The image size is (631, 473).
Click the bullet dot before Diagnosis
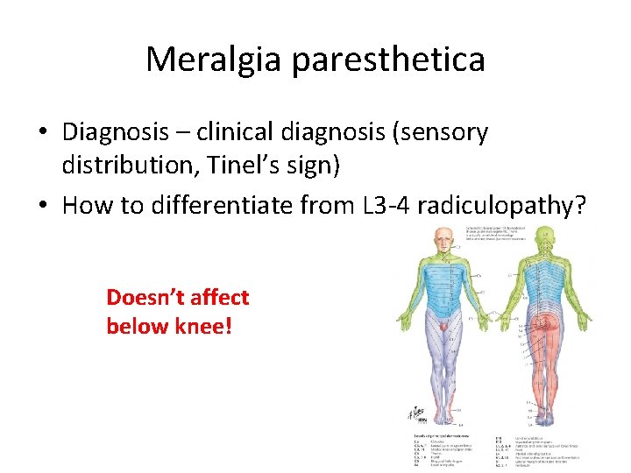click(x=43, y=133)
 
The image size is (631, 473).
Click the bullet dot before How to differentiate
click(x=43, y=206)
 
